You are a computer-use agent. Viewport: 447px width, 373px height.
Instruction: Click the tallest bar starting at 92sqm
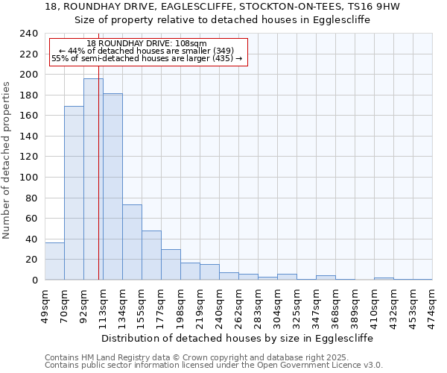click(x=93, y=179)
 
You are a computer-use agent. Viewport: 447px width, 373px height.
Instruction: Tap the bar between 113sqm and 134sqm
click(x=112, y=186)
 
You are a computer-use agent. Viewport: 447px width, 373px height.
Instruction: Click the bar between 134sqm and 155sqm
click(x=132, y=242)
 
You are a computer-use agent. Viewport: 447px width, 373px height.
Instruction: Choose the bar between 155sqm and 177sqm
click(x=151, y=255)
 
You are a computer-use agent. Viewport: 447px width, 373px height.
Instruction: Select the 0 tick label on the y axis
click(x=34, y=280)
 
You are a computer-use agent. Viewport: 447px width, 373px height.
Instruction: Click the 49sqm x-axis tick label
click(x=45, y=305)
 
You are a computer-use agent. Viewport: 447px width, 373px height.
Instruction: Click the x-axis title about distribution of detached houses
click(x=237, y=338)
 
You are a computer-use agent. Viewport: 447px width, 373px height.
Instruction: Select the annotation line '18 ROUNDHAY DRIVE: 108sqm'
click(x=147, y=44)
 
